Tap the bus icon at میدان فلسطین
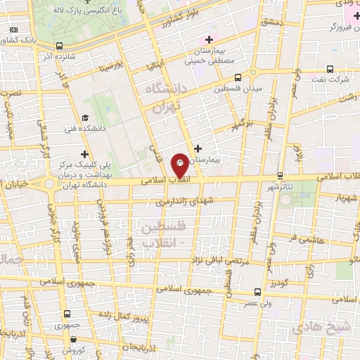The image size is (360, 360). pyautogui.click(x=238, y=78)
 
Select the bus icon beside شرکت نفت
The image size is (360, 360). pyautogui.click(x=330, y=69)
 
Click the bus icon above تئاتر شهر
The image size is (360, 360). pyautogui.click(x=281, y=175)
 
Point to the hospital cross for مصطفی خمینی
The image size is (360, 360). pyautogui.click(x=207, y=39)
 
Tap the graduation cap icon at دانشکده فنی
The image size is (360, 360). pyautogui.click(x=85, y=117)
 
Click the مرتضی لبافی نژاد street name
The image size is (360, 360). pyautogui.click(x=222, y=261)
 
